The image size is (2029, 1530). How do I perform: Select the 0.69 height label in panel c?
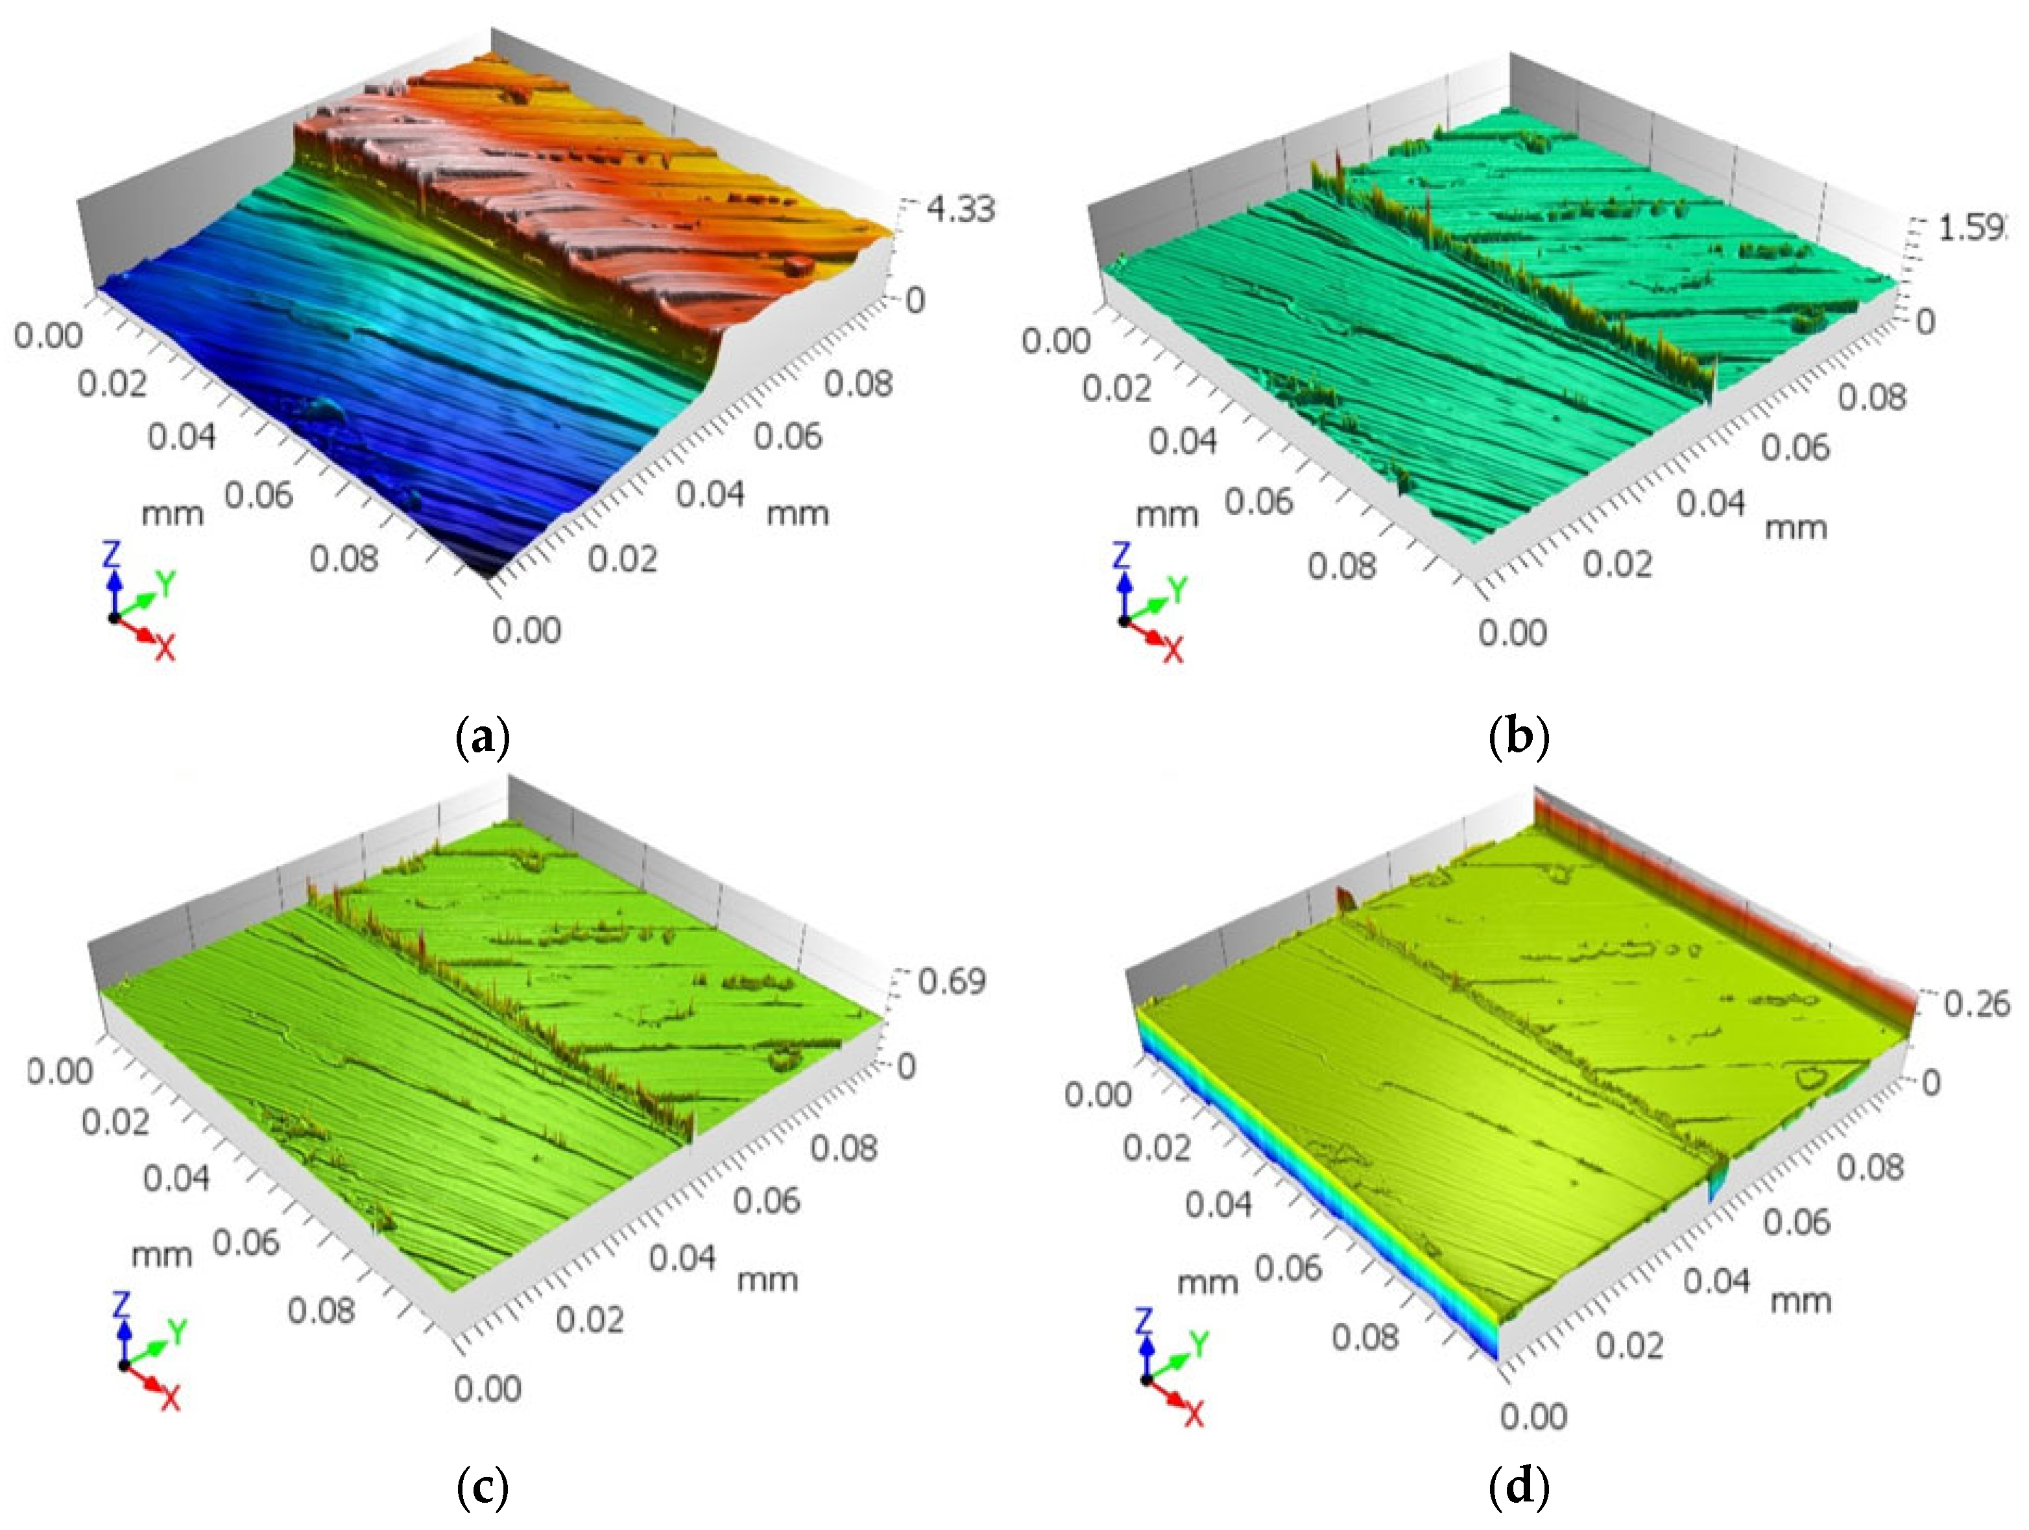tap(951, 981)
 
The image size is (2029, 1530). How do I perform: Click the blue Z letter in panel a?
tap(112, 554)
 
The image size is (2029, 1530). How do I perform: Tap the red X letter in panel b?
tap(1173, 651)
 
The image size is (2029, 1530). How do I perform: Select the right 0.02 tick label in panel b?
tap(1617, 562)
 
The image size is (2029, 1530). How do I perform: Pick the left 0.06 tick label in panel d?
tap(1288, 1268)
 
